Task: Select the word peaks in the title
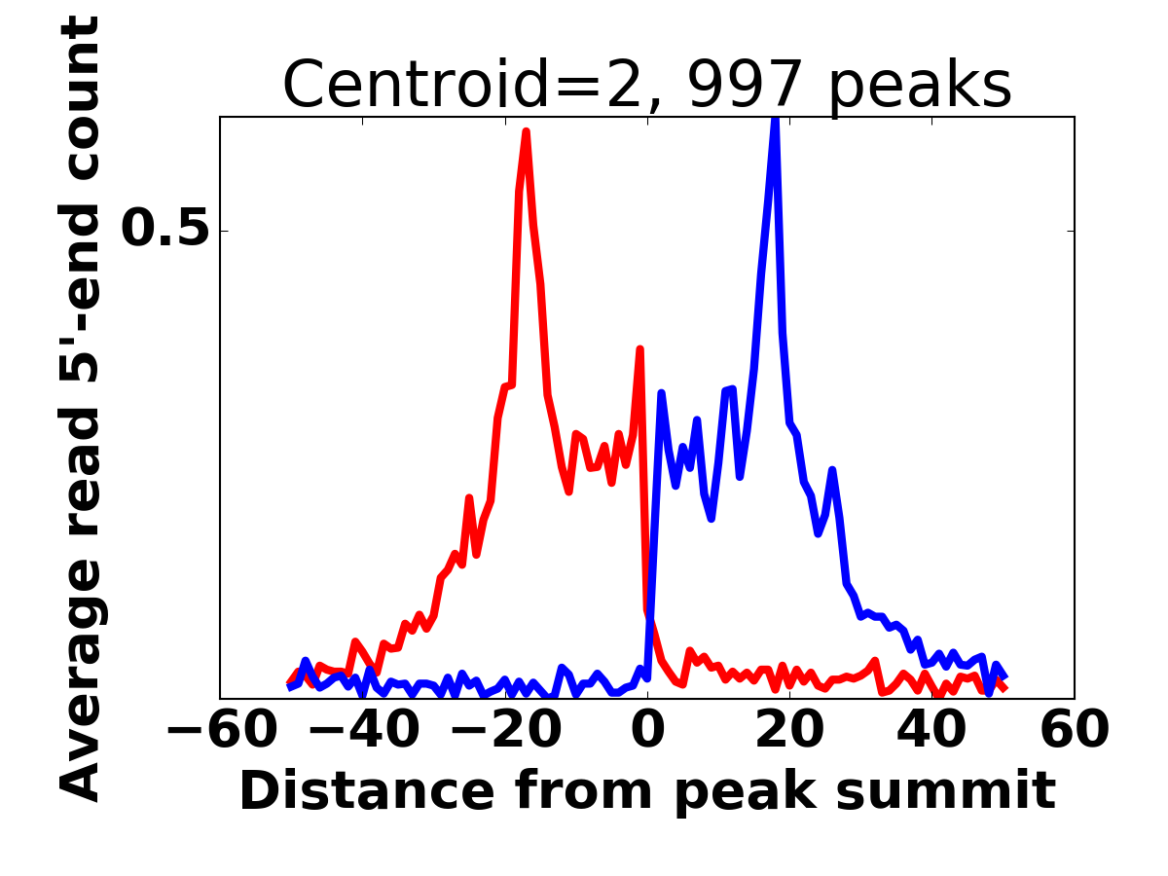click(x=921, y=85)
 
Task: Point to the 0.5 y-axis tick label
click(x=164, y=230)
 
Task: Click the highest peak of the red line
click(x=526, y=132)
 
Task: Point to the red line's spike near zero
click(x=639, y=348)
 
